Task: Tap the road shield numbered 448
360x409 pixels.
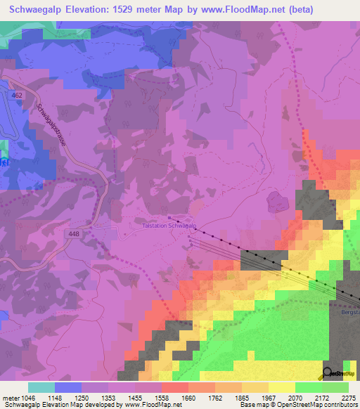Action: tap(75, 232)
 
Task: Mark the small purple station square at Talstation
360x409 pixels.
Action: tap(169, 218)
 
